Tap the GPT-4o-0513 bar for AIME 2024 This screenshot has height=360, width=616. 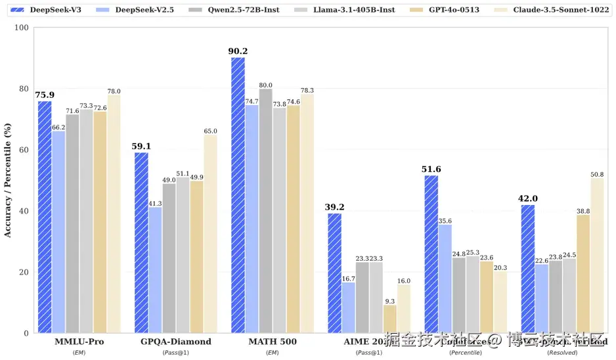coord(390,319)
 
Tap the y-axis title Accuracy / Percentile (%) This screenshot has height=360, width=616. coord(8,180)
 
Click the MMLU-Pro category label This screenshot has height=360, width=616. coord(79,342)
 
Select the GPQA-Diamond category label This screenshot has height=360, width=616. coord(176,342)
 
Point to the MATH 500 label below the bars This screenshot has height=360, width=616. coord(272,342)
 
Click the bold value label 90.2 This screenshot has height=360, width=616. coord(238,51)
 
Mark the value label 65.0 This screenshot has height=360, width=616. coord(210,131)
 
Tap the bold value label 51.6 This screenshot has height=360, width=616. coord(431,169)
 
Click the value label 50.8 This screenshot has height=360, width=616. coord(597,174)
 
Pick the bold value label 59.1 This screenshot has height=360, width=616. coord(142,146)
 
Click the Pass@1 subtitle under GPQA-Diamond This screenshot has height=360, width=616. coord(176,353)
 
